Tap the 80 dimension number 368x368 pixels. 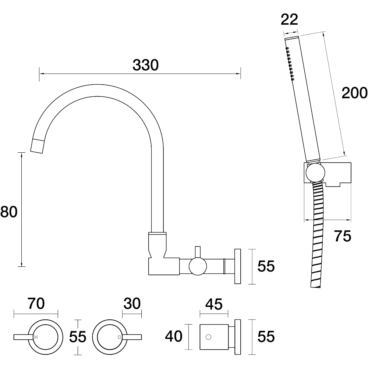click(9, 212)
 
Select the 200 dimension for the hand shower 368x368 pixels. click(354, 93)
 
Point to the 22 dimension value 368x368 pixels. click(289, 20)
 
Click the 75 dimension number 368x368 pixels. click(343, 236)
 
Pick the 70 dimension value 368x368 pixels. click(36, 304)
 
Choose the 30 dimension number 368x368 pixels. click(132, 304)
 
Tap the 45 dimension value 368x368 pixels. click(214, 304)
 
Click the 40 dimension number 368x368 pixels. click(174, 336)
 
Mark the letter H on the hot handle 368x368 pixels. click(36, 337)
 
